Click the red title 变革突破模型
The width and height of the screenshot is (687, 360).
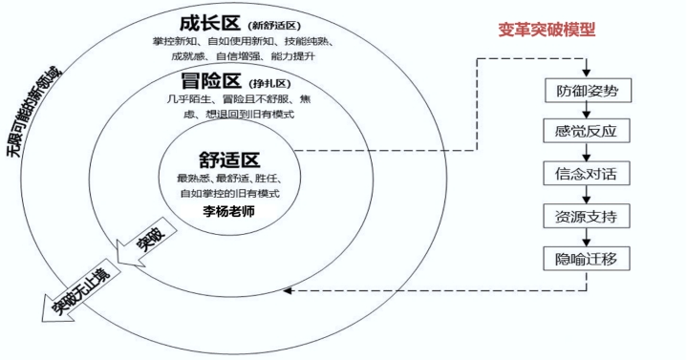tap(547, 30)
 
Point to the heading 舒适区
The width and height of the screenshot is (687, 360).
tap(229, 159)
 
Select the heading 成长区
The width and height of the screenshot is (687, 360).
tap(208, 22)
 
